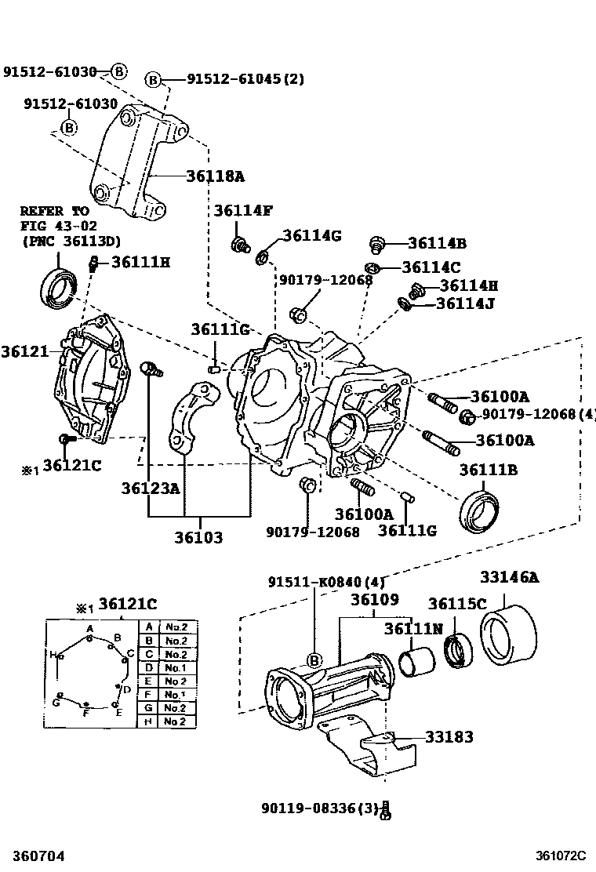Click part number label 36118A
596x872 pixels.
215,176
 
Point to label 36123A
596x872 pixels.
151,489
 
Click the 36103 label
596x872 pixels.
198,538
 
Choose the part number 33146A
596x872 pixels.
510,578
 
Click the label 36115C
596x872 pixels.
458,603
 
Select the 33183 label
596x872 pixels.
449,737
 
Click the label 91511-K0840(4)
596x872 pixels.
315,582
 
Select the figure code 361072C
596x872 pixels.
562,856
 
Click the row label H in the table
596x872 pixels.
148,722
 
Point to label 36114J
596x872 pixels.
465,303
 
